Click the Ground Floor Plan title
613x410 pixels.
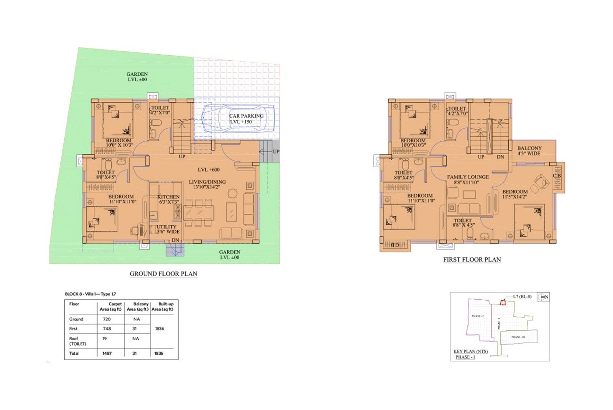point(163,274)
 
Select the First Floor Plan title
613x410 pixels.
point(472,260)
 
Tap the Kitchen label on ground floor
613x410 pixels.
point(168,197)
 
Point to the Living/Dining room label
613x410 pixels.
point(207,182)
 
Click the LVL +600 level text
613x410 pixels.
point(209,170)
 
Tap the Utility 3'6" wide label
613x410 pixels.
point(165,230)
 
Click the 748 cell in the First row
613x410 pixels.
point(107,329)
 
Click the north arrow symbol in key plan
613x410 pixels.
point(544,297)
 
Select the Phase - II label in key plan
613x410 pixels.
point(477,316)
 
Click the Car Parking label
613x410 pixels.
point(246,116)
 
